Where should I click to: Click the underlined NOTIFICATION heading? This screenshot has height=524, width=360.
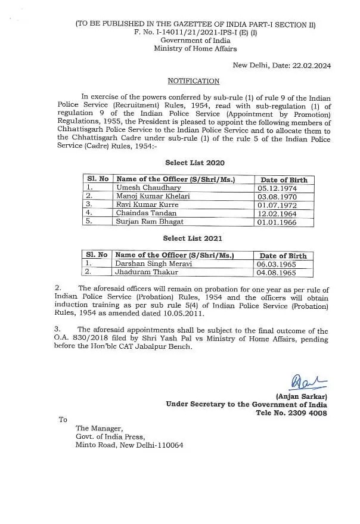tap(193, 81)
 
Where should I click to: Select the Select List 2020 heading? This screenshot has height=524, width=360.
tap(195, 162)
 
